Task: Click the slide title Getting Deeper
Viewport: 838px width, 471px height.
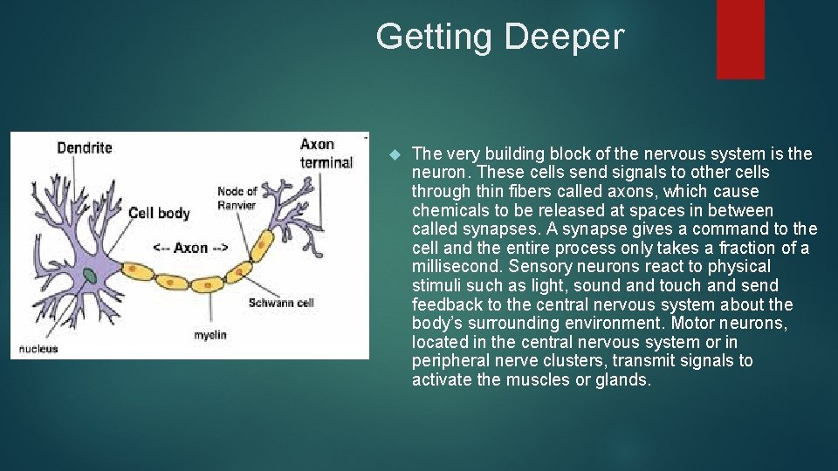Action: (x=500, y=38)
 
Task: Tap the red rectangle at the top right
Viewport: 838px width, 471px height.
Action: (x=740, y=38)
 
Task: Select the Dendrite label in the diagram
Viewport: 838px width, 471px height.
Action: (x=85, y=147)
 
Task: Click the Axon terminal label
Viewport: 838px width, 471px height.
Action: (x=326, y=154)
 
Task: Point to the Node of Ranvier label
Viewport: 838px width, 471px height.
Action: (x=237, y=198)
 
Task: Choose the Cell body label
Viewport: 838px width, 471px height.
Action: (x=159, y=213)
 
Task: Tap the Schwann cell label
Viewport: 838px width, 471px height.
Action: (x=280, y=303)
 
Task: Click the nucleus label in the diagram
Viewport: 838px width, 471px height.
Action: (x=38, y=349)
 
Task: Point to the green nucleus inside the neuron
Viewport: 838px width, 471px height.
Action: (x=90, y=276)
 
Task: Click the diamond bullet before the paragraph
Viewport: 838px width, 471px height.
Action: (x=393, y=154)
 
